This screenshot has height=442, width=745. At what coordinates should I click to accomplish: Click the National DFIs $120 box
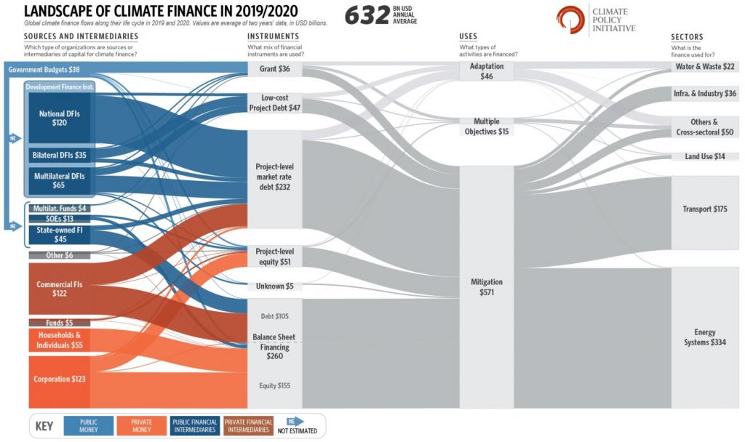(59, 118)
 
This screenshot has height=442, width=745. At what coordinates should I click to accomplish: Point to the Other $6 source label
(59, 255)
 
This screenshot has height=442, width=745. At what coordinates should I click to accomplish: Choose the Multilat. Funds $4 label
(59, 208)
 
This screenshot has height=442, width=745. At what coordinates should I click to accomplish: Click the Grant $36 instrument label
(274, 69)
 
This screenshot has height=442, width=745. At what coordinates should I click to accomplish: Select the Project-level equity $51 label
(274, 256)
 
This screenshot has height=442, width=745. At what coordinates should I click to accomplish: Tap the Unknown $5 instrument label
(274, 286)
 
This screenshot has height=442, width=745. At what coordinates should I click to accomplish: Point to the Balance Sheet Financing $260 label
(274, 347)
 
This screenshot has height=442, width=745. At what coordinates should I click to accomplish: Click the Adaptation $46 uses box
(487, 71)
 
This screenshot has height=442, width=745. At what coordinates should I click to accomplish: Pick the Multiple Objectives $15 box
(487, 126)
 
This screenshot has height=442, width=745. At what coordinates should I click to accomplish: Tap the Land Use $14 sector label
(704, 157)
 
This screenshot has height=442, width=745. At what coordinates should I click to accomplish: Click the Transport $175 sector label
(705, 209)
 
